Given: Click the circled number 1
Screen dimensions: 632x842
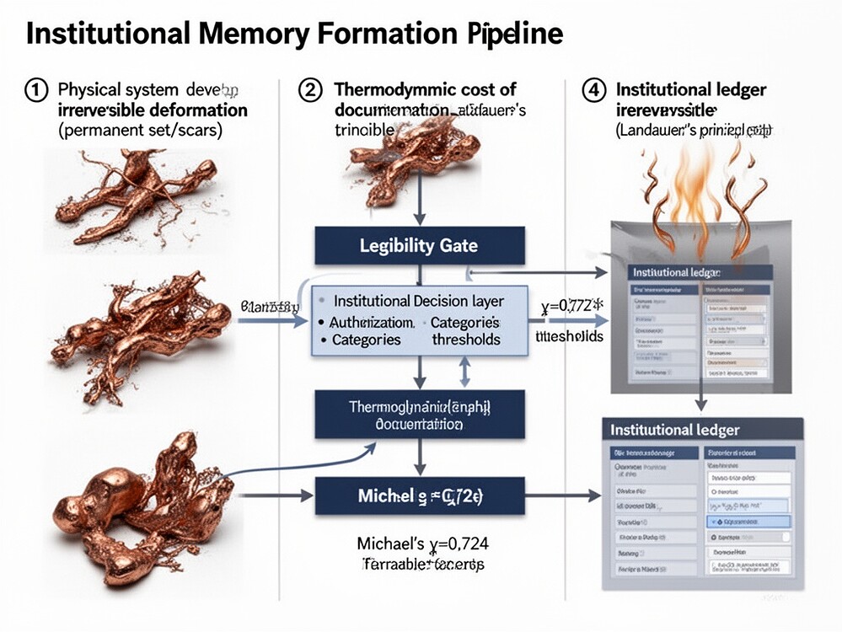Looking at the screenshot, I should (37, 90).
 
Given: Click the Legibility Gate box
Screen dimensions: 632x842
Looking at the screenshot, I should (419, 246).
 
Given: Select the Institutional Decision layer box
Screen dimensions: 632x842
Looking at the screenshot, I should (419, 320).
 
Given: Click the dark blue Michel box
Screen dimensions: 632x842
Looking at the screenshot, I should (419, 495).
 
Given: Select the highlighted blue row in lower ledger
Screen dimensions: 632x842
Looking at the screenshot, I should (746, 522).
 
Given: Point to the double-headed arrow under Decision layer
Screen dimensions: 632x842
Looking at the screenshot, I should (462, 372).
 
